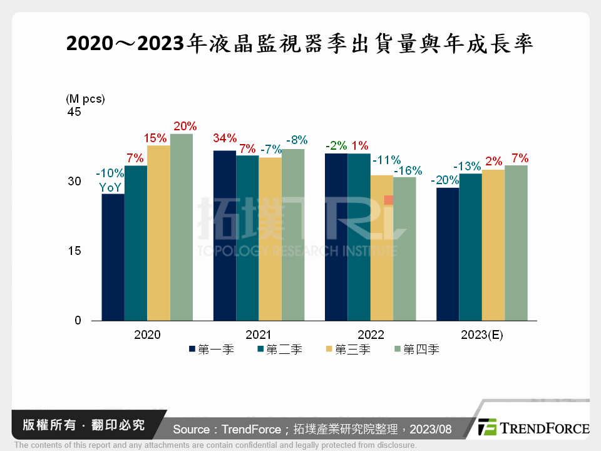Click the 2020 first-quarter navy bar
[113, 257]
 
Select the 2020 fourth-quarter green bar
[182, 227]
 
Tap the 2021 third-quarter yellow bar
[270, 239]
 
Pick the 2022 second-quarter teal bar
[359, 237]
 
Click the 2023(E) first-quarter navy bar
[448, 254]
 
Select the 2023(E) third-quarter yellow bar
[493, 245]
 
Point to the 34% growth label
[225, 138]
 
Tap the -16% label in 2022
[408, 170]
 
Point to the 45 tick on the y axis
[74, 112]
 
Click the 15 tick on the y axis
[75, 251]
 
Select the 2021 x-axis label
[258, 335]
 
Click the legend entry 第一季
[211, 350]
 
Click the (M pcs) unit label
[85, 98]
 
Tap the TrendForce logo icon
[488, 427]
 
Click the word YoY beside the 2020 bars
[110, 187]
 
